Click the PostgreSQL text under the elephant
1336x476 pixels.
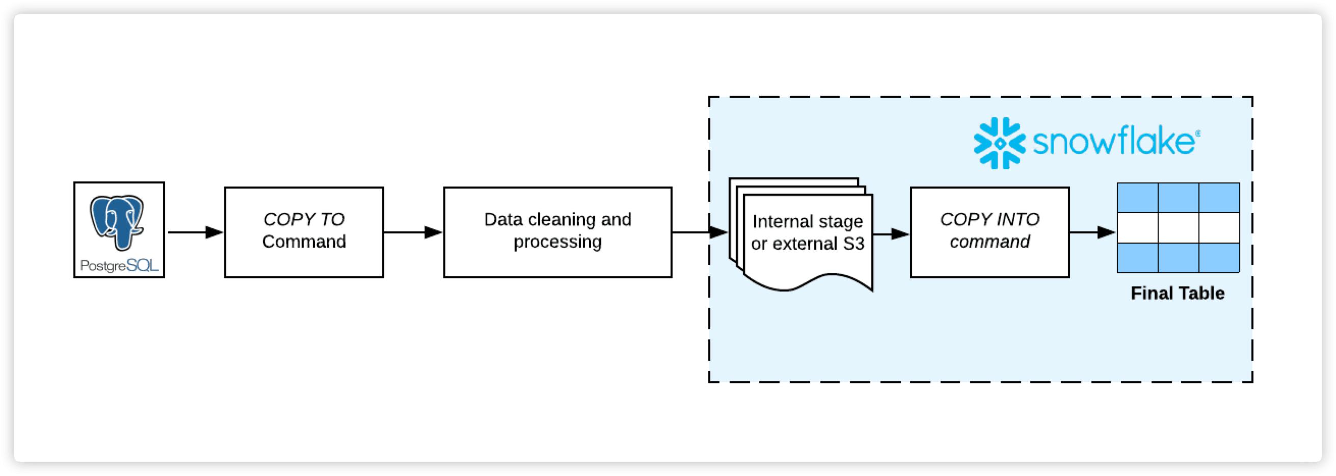[x=119, y=266]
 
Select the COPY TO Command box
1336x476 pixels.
[x=304, y=232]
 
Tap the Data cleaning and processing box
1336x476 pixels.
[x=557, y=232]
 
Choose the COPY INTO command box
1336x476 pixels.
[x=990, y=232]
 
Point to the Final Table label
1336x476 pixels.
[x=1178, y=294]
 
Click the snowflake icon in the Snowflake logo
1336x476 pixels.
[x=999, y=143]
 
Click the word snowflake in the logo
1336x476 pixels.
[x=1113, y=141]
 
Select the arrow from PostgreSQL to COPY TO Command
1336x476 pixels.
[x=195, y=232]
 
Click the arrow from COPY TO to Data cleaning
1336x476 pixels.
[x=413, y=232]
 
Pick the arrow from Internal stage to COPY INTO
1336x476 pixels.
[x=891, y=234]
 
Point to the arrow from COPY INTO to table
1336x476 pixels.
[x=1092, y=232]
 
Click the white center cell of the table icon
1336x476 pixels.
[x=1179, y=228]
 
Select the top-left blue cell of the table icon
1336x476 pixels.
[x=1137, y=198]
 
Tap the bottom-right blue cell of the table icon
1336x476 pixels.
[x=1219, y=258]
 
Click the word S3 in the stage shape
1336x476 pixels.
[x=853, y=243]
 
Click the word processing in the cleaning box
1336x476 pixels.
[x=557, y=242]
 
